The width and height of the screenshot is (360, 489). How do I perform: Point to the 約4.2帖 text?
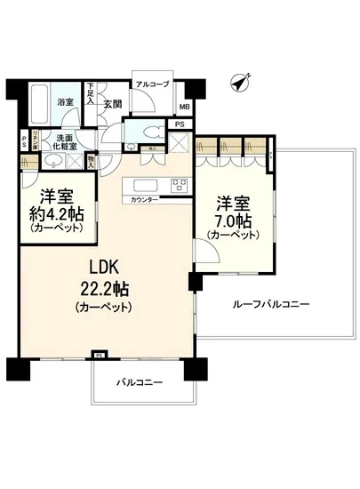pos(55,213)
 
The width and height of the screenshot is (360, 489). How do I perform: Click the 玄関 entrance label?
pos(113,103)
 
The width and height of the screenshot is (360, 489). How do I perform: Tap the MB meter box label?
pos(184,108)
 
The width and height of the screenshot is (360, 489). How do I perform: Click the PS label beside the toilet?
pos(179,124)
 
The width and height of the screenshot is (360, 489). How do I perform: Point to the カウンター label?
pos(145,199)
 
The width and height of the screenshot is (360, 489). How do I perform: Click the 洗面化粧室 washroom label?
pos(63,141)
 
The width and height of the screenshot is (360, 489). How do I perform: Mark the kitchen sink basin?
pos(145,185)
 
